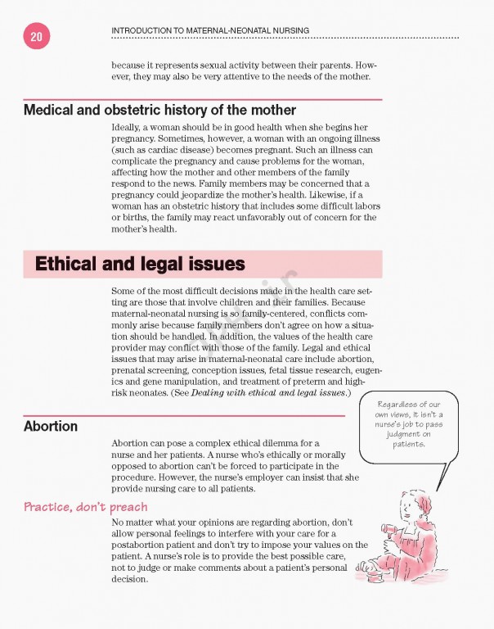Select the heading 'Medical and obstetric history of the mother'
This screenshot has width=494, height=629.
[x=159, y=110]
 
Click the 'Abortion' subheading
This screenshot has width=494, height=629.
[x=51, y=427]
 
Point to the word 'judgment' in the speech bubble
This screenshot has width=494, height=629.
[x=409, y=435]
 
